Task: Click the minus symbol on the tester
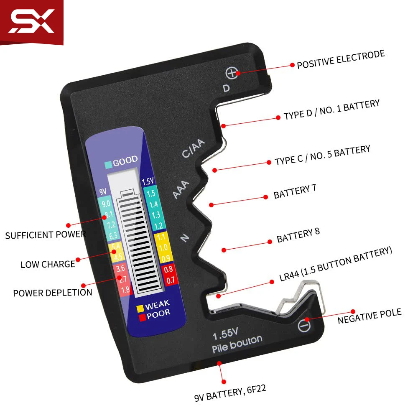305,325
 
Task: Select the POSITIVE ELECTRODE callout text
341,60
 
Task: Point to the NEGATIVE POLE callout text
369,316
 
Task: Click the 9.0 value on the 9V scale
106,204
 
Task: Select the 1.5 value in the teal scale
151,193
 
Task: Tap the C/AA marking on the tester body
194,148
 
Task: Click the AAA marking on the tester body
181,189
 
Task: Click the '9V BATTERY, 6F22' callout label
230,394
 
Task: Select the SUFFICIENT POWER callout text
45,234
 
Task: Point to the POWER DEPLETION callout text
53,292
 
